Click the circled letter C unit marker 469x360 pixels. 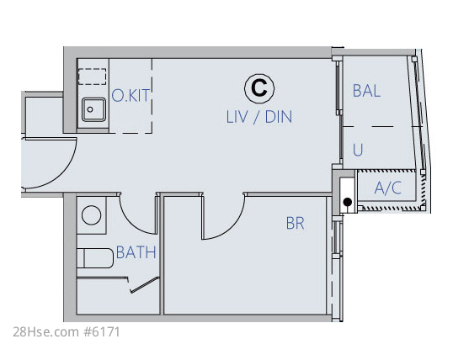[x=259, y=87]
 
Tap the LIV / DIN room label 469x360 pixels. [x=259, y=117]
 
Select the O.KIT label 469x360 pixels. [x=131, y=96]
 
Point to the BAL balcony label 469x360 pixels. [x=366, y=91]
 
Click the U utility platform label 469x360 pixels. [x=358, y=150]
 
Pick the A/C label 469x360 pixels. [x=387, y=188]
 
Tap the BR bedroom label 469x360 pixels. [x=295, y=223]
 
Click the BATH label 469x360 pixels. [x=136, y=252]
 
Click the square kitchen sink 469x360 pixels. [x=93, y=109]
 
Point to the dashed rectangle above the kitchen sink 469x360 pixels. [x=93, y=77]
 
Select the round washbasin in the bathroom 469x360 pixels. [x=92, y=215]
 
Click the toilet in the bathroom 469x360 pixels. [x=95, y=258]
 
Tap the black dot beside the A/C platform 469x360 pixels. [x=347, y=202]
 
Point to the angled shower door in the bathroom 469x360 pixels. [x=144, y=284]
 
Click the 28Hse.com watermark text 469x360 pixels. [x=46, y=332]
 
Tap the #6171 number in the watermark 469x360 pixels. [x=102, y=332]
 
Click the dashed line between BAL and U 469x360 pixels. [x=382, y=126]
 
